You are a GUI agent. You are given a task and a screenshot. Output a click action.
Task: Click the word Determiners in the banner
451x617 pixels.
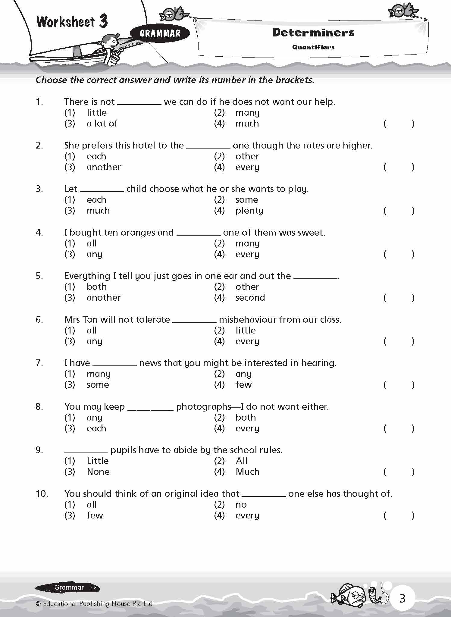(313, 33)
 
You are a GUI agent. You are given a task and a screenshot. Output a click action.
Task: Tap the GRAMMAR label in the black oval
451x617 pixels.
(160, 33)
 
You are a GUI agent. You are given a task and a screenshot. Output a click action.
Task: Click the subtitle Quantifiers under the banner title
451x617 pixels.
(313, 47)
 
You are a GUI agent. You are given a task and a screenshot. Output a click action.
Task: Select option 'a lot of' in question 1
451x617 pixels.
(102, 124)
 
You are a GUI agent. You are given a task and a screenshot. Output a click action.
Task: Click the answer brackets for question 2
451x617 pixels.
(399, 167)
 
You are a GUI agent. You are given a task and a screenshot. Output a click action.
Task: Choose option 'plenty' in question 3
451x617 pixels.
(249, 211)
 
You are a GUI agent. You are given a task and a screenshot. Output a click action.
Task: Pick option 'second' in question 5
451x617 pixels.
(250, 298)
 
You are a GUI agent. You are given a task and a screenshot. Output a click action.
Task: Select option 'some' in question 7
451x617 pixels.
(98, 385)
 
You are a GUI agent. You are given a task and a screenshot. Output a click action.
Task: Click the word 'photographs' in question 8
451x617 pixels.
(204, 407)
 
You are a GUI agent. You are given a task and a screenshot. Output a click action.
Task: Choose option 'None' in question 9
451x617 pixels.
(98, 472)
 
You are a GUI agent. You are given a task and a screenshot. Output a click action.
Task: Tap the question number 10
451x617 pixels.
(42, 494)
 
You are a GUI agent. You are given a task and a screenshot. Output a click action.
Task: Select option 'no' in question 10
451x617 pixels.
(241, 505)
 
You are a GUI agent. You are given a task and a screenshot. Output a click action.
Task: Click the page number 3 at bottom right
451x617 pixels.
(402, 598)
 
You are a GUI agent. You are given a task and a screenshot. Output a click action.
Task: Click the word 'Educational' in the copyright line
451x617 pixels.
(60, 603)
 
